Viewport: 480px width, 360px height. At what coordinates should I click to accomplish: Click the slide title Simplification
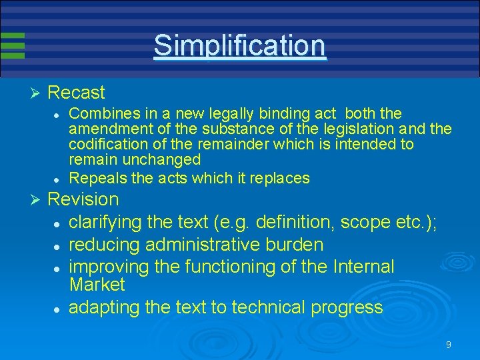pos(239,46)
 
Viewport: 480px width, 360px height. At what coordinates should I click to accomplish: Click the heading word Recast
pos(77,93)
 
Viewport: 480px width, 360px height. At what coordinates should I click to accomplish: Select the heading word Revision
pos(83,199)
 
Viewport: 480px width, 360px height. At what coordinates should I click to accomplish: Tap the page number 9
pos(449,345)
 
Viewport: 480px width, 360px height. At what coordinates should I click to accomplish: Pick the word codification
pos(107,145)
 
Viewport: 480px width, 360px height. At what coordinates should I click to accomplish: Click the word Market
pos(97,285)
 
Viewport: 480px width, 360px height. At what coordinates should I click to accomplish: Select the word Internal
pos(361,267)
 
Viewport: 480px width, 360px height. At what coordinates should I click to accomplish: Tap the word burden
pos(295,245)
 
